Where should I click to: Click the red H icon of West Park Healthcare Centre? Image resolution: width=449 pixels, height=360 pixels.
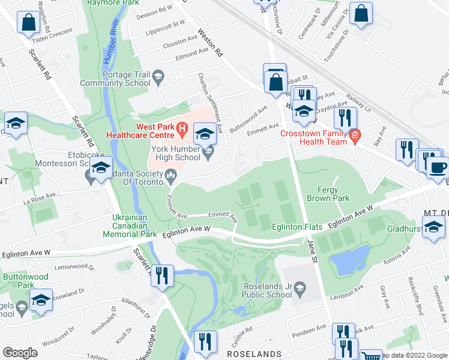click(184, 128)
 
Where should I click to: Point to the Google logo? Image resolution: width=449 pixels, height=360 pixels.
click(20, 353)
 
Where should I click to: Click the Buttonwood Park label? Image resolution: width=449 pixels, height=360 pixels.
click(18, 281)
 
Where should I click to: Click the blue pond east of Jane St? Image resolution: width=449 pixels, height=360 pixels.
click(348, 259)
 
